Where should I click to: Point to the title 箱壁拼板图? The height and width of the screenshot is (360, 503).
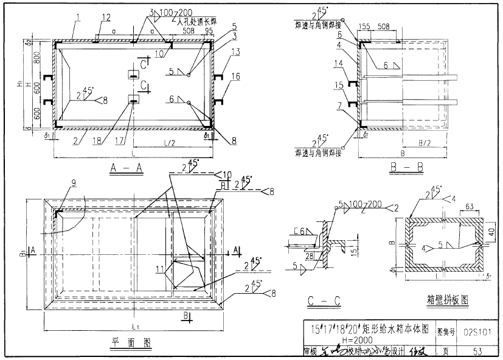click(446, 300)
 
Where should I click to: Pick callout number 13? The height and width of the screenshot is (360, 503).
click(235, 52)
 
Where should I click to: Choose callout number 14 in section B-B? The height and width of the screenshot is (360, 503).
click(338, 63)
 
